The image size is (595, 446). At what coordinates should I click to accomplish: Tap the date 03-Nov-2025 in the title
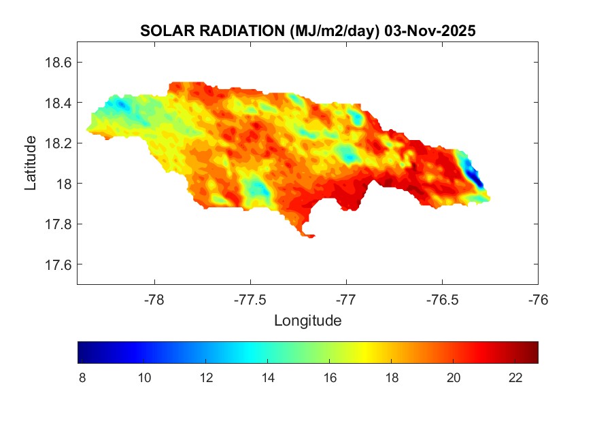(429, 31)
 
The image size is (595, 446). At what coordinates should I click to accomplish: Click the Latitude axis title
(31, 163)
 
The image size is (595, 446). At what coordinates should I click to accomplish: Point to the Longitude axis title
(307, 320)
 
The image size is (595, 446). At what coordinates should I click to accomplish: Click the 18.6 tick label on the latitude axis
(58, 63)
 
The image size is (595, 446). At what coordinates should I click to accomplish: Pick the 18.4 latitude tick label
(58, 103)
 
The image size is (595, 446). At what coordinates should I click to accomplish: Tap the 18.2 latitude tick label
(58, 143)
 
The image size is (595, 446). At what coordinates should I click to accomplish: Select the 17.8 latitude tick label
(58, 224)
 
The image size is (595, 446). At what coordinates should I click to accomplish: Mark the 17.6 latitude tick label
(58, 264)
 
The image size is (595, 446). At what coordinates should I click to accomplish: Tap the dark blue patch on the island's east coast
(477, 179)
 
